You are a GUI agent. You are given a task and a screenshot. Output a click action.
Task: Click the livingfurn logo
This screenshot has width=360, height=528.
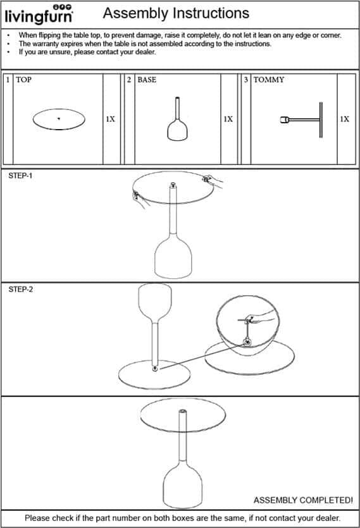pos(39,15)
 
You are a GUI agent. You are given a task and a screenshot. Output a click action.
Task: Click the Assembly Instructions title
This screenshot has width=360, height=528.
pos(176,13)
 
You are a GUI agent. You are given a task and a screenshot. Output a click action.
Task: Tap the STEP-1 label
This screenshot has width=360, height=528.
pos(20,175)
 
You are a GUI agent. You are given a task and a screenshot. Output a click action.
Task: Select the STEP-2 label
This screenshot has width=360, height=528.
pos(20,289)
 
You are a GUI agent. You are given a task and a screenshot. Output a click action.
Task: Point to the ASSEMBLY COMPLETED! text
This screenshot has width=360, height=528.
pos(303,500)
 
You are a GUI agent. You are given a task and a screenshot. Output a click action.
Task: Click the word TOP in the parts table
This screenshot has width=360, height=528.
pos(23,80)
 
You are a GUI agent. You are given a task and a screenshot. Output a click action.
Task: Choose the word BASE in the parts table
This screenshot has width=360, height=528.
pos(147,80)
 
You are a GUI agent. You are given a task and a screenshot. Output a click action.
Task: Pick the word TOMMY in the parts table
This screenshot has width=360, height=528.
pos(269,80)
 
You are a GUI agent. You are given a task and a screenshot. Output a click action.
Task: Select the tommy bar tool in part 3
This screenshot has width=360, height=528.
pos(301,120)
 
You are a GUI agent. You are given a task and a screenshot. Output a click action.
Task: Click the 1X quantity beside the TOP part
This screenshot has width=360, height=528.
pos(111,119)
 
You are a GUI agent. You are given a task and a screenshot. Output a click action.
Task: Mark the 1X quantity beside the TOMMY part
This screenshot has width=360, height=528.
pos(344,119)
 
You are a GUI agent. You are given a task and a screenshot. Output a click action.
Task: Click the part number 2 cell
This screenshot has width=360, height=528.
pos(129,80)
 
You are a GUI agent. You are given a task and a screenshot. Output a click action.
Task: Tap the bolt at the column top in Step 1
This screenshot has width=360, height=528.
pos(173,185)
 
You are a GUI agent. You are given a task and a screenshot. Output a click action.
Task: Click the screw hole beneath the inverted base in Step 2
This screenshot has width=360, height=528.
pos(155,369)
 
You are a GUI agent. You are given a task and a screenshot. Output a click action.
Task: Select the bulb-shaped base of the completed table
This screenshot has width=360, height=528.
pos(183,485)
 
